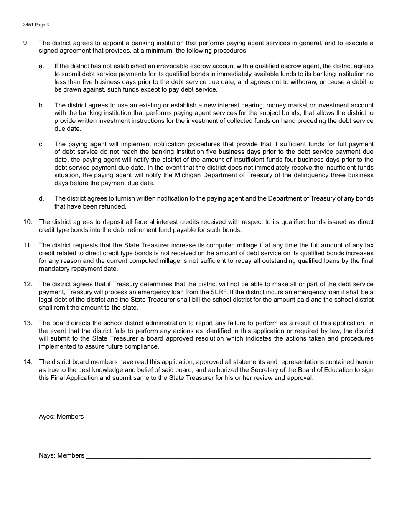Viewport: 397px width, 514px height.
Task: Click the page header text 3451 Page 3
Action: pos(36,25)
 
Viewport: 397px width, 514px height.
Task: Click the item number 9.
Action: pos(26,43)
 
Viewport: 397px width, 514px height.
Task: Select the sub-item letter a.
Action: pos(41,66)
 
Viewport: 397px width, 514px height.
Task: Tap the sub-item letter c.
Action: pos(41,144)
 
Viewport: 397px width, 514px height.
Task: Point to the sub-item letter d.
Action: pos(41,198)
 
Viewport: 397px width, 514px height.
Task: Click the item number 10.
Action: pos(28,222)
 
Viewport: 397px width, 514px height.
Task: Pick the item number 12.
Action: pos(28,285)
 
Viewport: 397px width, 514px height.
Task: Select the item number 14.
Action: pos(28,362)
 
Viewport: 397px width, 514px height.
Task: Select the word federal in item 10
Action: pos(134,222)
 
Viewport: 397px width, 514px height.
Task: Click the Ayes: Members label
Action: pos(61,417)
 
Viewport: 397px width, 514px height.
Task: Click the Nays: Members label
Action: pos(61,455)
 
